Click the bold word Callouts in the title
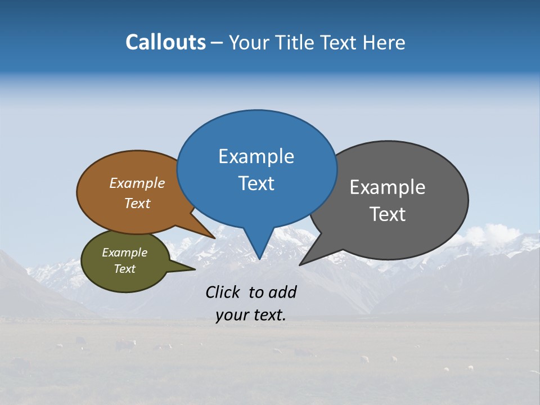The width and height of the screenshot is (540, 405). [x=165, y=42]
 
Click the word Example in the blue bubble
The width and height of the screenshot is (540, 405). [x=256, y=156]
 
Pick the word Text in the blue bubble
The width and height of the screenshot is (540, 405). [x=256, y=183]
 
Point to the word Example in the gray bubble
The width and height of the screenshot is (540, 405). [x=388, y=187]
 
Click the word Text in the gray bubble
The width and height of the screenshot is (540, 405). [x=388, y=214]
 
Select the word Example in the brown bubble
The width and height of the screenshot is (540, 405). [x=137, y=183]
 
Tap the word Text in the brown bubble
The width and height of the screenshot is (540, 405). [x=137, y=203]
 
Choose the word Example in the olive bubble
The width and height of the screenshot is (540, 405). [x=124, y=253]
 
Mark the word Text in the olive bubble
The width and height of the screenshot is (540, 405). [x=124, y=269]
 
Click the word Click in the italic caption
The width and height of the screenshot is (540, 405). [x=223, y=292]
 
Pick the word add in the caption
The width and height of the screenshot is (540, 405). [x=282, y=292]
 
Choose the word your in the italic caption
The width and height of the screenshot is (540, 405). [x=232, y=316]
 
